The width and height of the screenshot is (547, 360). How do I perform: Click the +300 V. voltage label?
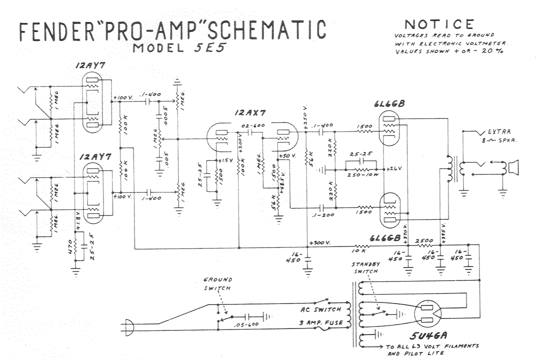(320, 242)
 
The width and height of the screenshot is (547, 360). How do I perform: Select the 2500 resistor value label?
(424, 240)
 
